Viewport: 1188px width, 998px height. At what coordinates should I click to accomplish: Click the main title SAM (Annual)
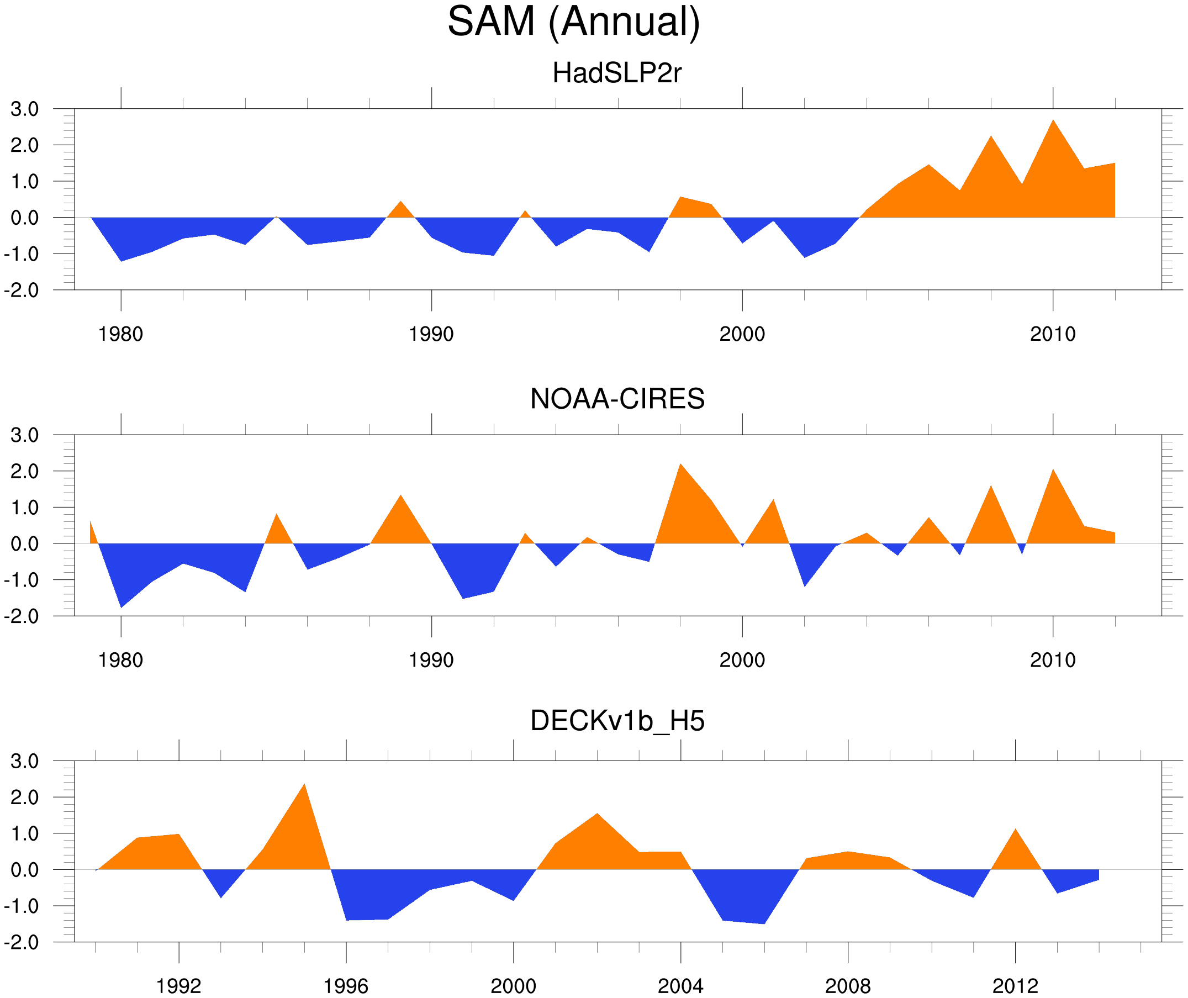point(574,22)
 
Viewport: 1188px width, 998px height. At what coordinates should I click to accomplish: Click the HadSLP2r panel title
point(616,73)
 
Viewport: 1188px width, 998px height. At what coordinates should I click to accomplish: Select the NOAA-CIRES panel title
point(617,399)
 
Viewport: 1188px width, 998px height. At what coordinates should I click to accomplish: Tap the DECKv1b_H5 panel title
point(617,721)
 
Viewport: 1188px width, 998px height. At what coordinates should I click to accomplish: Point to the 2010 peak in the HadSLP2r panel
point(1053,121)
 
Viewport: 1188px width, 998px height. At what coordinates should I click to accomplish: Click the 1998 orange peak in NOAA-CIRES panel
point(680,465)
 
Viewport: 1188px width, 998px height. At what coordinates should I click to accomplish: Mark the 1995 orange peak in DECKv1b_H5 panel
point(304,785)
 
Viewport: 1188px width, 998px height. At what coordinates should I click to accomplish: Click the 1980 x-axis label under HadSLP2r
point(120,334)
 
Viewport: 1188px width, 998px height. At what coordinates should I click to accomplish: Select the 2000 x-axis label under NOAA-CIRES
point(742,660)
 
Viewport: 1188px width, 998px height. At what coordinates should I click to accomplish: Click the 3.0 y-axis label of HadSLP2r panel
point(25,109)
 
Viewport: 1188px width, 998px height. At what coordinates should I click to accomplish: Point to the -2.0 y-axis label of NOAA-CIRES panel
point(22,616)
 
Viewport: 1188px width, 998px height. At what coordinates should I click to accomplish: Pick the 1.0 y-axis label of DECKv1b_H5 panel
point(25,834)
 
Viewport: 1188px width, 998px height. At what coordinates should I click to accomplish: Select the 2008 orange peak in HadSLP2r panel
point(991,138)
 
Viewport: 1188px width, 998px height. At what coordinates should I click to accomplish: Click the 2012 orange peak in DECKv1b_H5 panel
point(1016,830)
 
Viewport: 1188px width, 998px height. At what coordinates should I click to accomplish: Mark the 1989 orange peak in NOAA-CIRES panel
point(400,496)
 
